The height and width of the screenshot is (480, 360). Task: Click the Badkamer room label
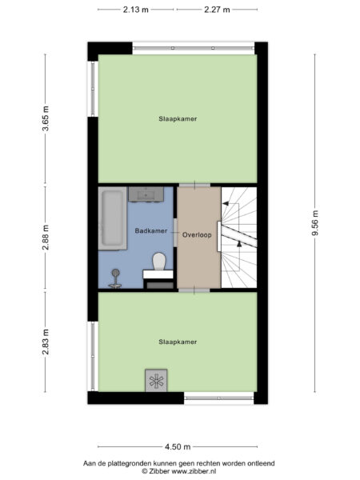[x=151, y=231]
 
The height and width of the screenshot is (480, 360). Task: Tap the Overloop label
[x=196, y=235]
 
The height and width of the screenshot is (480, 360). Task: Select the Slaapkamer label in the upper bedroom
[x=177, y=118]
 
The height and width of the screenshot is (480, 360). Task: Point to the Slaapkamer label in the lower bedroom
[x=177, y=342]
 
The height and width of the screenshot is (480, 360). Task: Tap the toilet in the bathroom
[x=158, y=262]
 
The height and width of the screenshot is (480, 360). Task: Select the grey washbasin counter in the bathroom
[x=148, y=194]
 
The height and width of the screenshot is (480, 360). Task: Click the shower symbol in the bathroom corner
[x=115, y=277]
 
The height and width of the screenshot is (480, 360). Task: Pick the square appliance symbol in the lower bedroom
[x=155, y=382]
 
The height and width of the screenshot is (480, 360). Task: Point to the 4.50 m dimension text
[x=177, y=446]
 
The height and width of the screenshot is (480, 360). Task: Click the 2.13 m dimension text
[x=136, y=10]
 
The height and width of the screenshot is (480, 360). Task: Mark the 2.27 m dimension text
[x=217, y=10]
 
